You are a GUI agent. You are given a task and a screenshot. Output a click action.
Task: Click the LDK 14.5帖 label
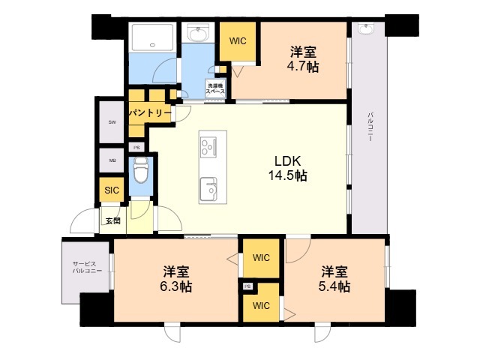289,169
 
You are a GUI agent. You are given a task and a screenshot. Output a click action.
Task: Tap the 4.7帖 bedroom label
303,59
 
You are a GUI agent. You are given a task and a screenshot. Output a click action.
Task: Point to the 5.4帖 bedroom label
334,279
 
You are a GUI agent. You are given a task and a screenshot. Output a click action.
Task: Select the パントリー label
149,112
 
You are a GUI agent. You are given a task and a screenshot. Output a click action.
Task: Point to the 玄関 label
112,220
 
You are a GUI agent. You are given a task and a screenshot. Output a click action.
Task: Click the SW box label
112,121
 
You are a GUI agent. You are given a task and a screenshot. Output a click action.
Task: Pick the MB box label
112,160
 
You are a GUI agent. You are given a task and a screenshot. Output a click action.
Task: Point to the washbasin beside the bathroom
199,34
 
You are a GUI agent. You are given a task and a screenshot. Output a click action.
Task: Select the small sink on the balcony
366,29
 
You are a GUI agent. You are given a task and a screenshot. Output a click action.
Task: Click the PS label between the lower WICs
247,286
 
